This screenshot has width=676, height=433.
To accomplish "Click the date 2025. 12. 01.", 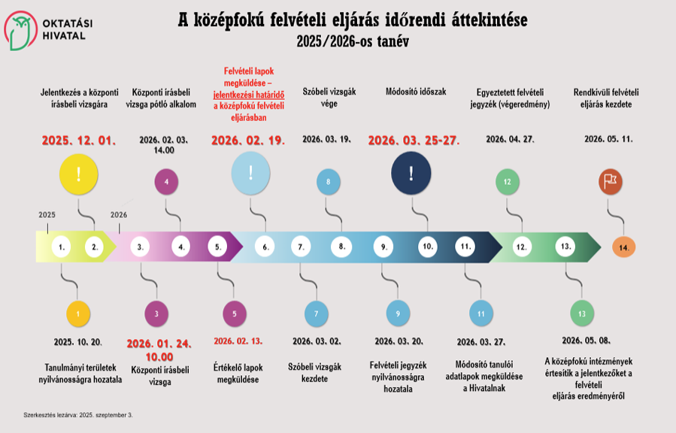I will coord(78,141).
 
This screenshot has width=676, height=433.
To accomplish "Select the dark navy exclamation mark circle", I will coord(411,174).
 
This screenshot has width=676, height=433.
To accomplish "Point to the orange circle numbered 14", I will coord(623,247).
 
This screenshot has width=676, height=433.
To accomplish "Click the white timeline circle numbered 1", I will coord(62,246).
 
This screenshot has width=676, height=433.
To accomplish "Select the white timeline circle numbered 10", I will coord(427,246).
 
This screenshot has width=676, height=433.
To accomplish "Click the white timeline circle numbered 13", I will coord(565,246).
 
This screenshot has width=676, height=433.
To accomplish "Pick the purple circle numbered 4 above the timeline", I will coord(165,180).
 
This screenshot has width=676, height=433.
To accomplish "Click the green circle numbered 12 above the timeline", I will coord(508,181).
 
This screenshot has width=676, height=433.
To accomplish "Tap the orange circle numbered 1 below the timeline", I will coord(77,311).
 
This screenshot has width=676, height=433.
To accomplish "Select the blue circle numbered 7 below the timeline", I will coord(316,313).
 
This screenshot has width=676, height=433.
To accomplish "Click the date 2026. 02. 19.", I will coord(247,141).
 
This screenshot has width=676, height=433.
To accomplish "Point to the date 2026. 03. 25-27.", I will coord(414,141).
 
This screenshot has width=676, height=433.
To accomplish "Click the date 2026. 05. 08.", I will coord(584,340).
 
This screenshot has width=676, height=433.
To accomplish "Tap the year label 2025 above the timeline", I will coord(47,215).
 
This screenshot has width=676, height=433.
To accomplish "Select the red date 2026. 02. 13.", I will coord(238,341).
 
